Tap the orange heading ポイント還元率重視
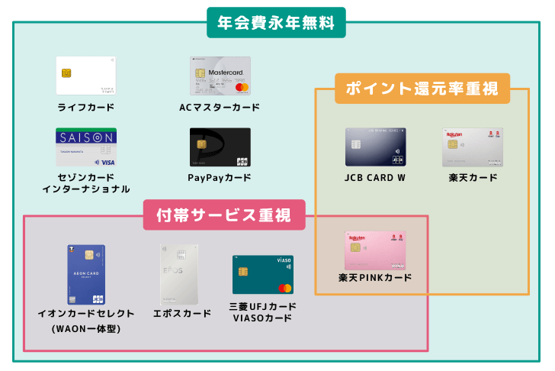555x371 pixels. (x=422, y=88)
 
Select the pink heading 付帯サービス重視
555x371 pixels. (x=224, y=215)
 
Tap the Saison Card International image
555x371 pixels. (x=85, y=147)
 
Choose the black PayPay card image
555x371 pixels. (x=220, y=147)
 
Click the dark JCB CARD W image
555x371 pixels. (x=375, y=147)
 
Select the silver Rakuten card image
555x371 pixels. (x=473, y=147)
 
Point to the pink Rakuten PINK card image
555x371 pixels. (x=375, y=250)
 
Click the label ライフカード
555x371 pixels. (x=85, y=107)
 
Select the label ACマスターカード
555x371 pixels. (x=220, y=107)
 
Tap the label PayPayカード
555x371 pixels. (x=220, y=179)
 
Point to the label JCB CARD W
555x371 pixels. (x=375, y=179)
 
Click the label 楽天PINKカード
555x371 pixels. (x=375, y=277)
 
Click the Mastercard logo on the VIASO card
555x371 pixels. (x=284, y=288)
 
